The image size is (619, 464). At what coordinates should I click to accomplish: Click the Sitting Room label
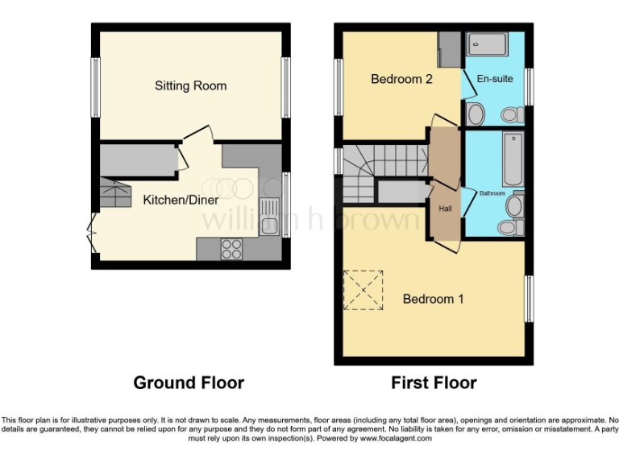click(x=190, y=86)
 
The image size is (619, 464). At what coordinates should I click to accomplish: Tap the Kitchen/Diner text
click(x=176, y=200)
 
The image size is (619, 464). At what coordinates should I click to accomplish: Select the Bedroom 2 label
click(x=397, y=79)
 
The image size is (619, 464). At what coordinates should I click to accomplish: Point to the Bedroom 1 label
click(x=433, y=299)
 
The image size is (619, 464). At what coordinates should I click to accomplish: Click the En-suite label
click(x=492, y=79)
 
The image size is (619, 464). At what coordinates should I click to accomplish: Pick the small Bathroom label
click(x=492, y=193)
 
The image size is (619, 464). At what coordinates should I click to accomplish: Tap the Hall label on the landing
click(x=445, y=209)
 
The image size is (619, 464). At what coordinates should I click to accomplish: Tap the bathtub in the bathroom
click(x=513, y=158)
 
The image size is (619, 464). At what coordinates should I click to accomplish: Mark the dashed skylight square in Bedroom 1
click(x=364, y=290)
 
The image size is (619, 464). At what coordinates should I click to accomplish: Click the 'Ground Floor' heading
click(x=189, y=383)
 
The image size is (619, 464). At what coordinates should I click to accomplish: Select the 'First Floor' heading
click(x=434, y=383)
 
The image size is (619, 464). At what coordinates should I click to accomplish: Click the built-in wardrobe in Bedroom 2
click(x=449, y=51)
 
